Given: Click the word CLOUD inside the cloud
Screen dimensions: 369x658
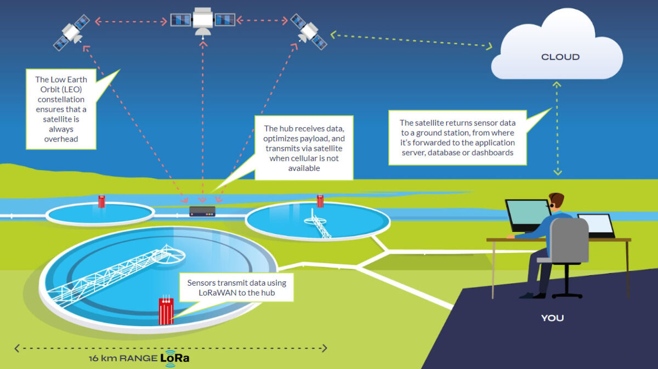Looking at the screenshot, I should (560, 57).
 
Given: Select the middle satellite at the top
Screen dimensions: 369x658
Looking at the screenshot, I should (203, 21).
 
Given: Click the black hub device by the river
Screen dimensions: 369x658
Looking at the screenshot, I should (202, 211).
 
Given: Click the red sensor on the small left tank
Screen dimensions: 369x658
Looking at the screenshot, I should (101, 201).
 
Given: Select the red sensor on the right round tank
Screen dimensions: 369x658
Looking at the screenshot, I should (320, 201).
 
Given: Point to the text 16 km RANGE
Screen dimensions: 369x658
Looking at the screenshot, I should (123, 360).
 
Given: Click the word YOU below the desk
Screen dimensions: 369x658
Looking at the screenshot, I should (552, 318).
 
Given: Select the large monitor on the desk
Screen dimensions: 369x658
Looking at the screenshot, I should (526, 215).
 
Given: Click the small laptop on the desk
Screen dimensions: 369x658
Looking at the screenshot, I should (597, 225).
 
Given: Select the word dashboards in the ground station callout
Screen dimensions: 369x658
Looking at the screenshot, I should (492, 152).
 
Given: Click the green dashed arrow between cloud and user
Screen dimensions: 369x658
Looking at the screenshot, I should (557, 129).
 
